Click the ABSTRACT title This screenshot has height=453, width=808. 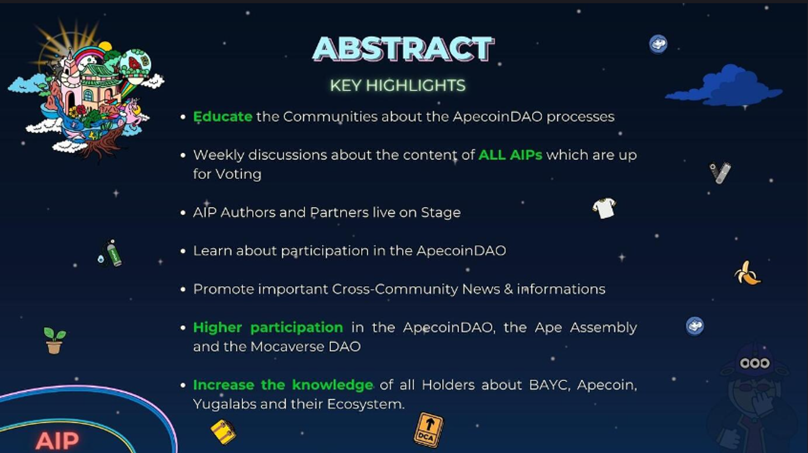tap(403, 48)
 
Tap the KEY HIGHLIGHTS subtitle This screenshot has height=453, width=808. tap(398, 86)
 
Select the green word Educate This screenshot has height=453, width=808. tap(222, 117)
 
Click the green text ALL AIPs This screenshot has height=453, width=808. tap(510, 155)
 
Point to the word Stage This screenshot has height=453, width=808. tap(441, 213)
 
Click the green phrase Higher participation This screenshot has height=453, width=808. tap(268, 328)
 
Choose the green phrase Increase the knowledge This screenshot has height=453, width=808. tap(283, 385)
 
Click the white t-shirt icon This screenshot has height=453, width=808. tap(604, 208)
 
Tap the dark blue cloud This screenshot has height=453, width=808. tap(725, 87)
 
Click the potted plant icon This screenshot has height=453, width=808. tap(54, 341)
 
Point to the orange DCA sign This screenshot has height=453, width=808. tap(429, 430)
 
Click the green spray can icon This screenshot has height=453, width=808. tap(113, 253)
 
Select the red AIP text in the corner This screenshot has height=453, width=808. tap(57, 441)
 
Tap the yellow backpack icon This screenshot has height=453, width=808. tap(224, 431)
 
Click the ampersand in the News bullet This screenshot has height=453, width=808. tap(509, 289)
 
